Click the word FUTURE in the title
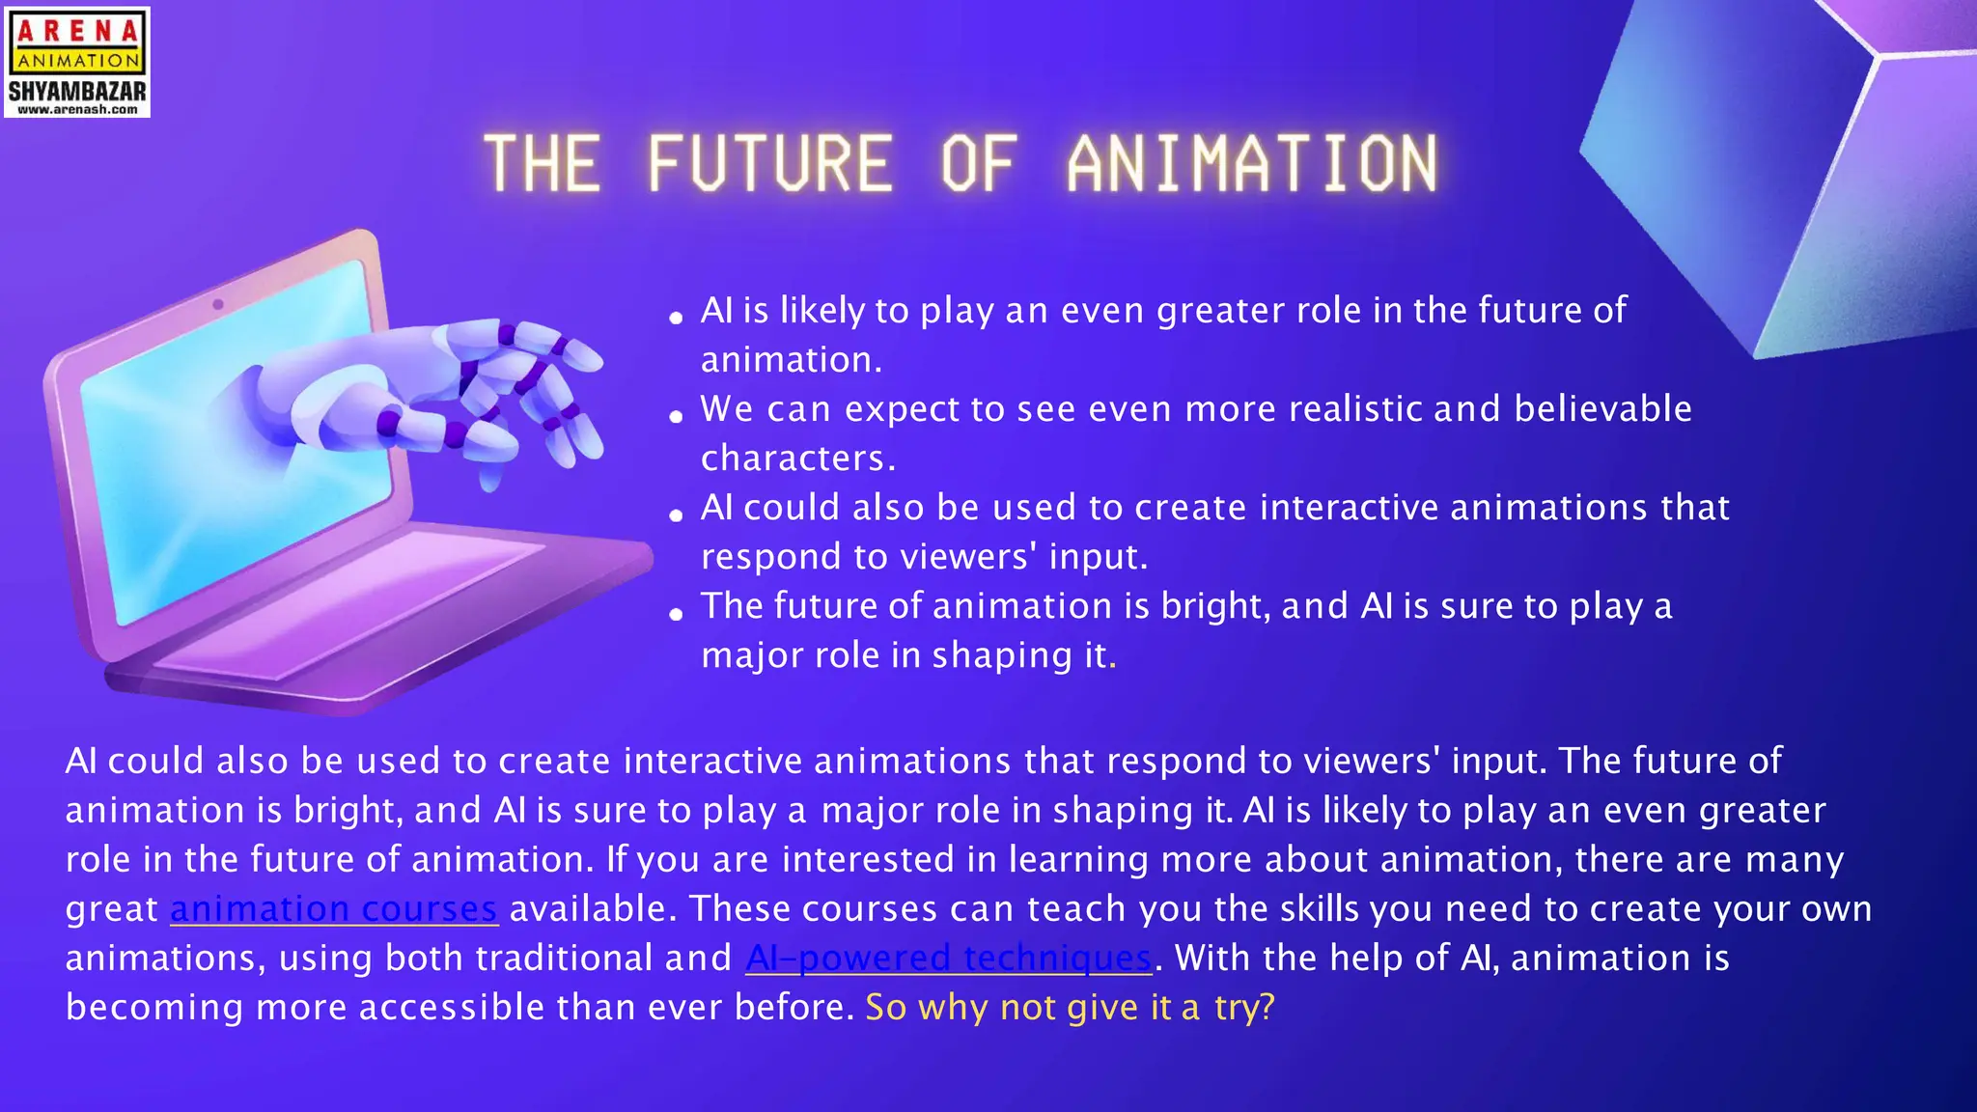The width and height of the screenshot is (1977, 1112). pyautogui.click(x=769, y=162)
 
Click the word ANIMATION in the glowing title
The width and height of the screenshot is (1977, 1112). pyautogui.click(x=1252, y=162)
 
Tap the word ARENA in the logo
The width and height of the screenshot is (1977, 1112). pyautogui.click(x=77, y=31)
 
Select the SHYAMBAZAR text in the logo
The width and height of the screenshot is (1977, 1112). pyautogui.click(x=77, y=92)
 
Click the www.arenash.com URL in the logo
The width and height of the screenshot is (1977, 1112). pyautogui.click(x=77, y=110)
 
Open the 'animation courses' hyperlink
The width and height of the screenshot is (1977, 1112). pyautogui.click(x=334, y=908)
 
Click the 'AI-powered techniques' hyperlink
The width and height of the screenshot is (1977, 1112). pyautogui.click(x=949, y=958)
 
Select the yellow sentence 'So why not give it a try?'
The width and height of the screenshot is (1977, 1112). pyautogui.click(x=1070, y=1007)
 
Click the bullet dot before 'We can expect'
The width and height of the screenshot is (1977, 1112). pyautogui.click(x=676, y=416)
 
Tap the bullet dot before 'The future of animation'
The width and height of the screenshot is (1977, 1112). pyautogui.click(x=676, y=613)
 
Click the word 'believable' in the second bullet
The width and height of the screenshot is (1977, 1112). pyautogui.click(x=1602, y=408)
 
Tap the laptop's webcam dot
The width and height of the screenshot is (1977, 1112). pyautogui.click(x=218, y=304)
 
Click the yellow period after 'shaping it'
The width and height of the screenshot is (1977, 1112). pyautogui.click(x=1113, y=664)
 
